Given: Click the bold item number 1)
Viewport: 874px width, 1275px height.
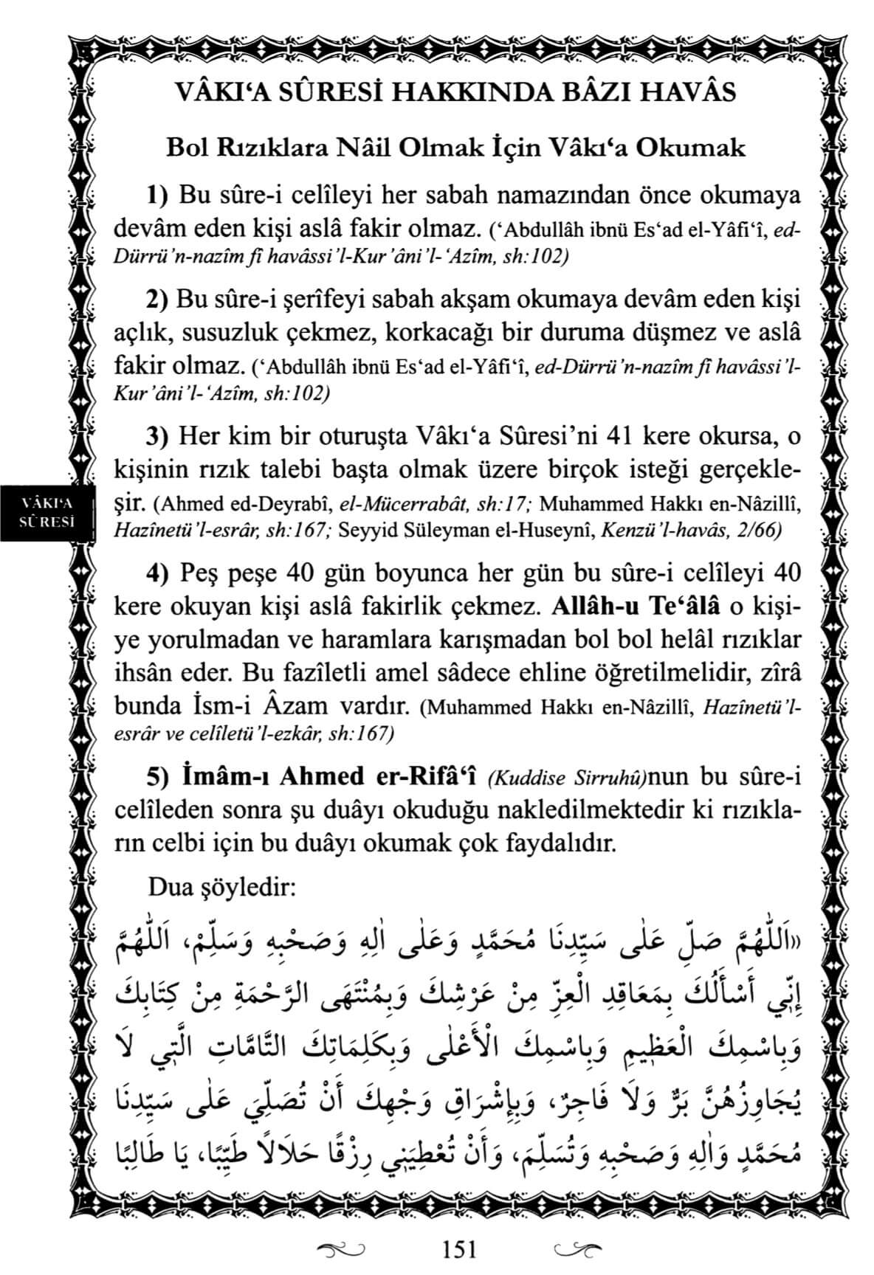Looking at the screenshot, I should [159, 197].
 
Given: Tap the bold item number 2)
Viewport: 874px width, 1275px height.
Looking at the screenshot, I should [159, 301].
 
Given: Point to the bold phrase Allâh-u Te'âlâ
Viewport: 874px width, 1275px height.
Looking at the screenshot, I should [636, 607].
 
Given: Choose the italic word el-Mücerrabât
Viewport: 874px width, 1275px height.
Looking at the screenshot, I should [402, 505].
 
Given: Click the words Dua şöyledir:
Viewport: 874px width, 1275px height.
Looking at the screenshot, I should [222, 886].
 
